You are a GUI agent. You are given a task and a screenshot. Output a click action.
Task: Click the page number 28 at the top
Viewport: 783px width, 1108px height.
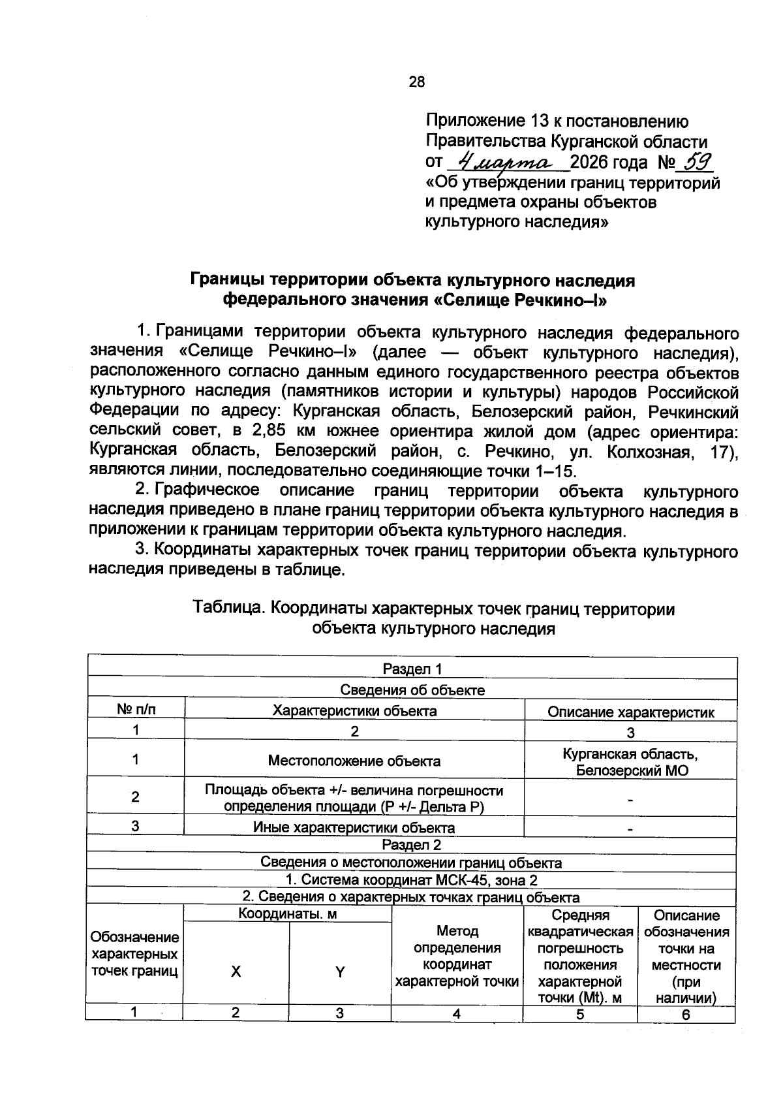click(x=416, y=82)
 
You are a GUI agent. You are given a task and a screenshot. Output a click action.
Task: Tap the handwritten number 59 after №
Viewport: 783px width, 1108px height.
click(x=696, y=161)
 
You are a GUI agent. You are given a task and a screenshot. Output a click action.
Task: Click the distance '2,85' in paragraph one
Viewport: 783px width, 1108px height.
click(x=268, y=432)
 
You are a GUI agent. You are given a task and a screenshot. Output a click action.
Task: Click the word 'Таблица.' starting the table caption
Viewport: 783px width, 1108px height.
click(x=229, y=609)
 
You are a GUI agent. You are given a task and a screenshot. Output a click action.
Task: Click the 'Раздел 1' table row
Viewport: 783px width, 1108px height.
click(x=412, y=669)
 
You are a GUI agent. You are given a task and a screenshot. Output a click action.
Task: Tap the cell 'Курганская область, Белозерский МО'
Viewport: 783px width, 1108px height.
click(x=630, y=762)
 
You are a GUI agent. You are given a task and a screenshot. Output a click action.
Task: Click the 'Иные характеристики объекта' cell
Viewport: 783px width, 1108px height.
click(x=354, y=828)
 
